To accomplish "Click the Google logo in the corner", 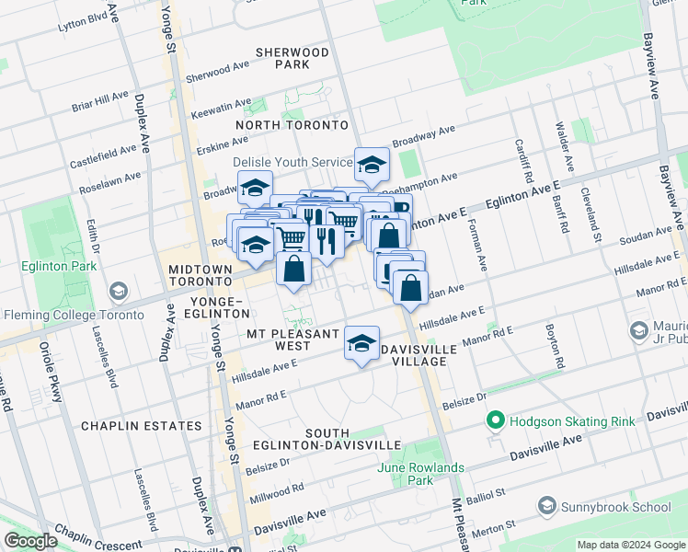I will pos(30,541).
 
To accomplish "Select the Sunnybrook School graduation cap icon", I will pos(548,507).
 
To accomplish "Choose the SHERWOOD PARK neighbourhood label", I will pos(292,59).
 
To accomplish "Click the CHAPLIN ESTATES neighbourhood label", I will pos(141,426).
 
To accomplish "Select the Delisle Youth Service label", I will pos(292,162).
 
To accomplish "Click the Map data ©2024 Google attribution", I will pos(631,545).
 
